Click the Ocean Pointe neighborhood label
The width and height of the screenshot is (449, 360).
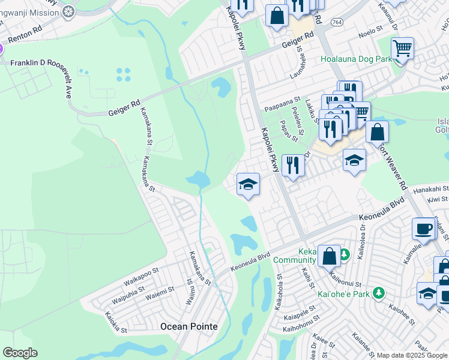click(187, 326)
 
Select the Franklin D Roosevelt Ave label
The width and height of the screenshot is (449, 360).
click(46, 62)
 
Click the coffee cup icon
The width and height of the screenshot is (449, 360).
click(424, 229)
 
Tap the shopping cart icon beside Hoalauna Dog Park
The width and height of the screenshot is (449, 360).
click(402, 47)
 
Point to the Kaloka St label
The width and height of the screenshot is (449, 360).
click(116, 323)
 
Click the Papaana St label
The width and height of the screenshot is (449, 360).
click(283, 106)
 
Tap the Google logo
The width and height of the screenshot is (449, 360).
click(20, 353)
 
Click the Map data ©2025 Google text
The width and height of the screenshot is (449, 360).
click(412, 355)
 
